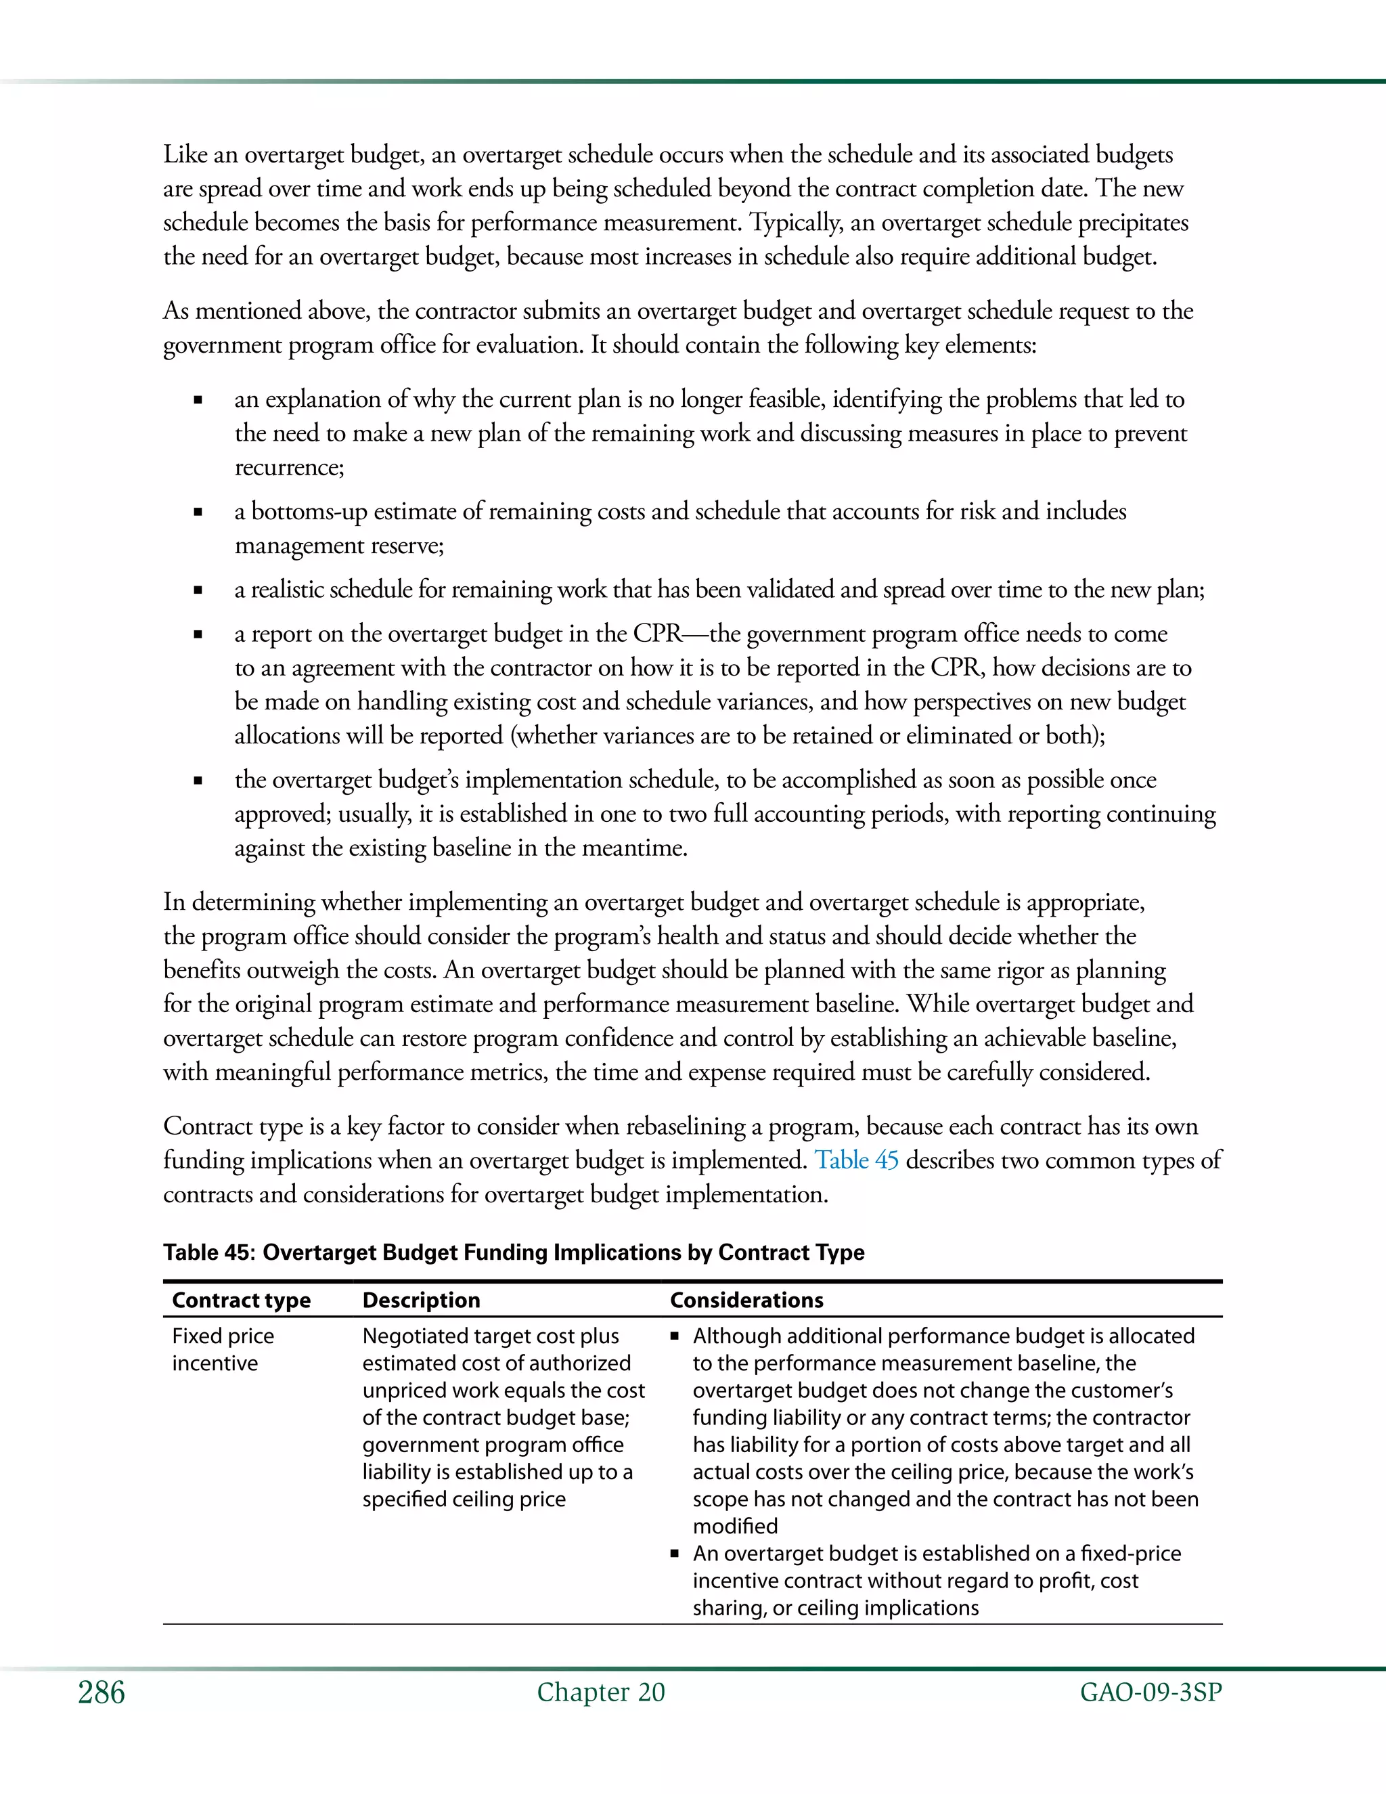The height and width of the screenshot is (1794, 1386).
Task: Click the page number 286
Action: click(102, 1692)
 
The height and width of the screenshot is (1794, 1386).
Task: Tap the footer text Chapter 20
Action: click(601, 1692)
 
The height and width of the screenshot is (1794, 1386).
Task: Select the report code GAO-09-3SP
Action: click(1150, 1692)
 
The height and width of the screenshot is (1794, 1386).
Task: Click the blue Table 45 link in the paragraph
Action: click(856, 1160)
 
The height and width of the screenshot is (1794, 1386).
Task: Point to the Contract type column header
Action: click(242, 1300)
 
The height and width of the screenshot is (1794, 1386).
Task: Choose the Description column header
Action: click(421, 1300)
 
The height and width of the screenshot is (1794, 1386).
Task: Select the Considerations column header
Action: click(746, 1300)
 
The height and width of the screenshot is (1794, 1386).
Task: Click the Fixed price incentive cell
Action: click(223, 1350)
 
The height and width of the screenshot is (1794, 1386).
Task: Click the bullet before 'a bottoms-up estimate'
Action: click(198, 512)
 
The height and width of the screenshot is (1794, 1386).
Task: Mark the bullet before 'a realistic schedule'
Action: click(198, 590)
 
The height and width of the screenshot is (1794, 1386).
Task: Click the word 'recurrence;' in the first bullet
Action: click(289, 467)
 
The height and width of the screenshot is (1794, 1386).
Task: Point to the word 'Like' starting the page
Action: click(185, 154)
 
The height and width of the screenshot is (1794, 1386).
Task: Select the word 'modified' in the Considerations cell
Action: click(735, 1526)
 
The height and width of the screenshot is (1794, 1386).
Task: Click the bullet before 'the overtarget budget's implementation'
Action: click(198, 781)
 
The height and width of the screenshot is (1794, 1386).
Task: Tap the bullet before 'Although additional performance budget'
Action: click(675, 1336)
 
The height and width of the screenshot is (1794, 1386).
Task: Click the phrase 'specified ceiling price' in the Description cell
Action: click(464, 1499)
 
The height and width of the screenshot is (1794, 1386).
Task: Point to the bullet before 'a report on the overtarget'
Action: click(198, 635)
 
